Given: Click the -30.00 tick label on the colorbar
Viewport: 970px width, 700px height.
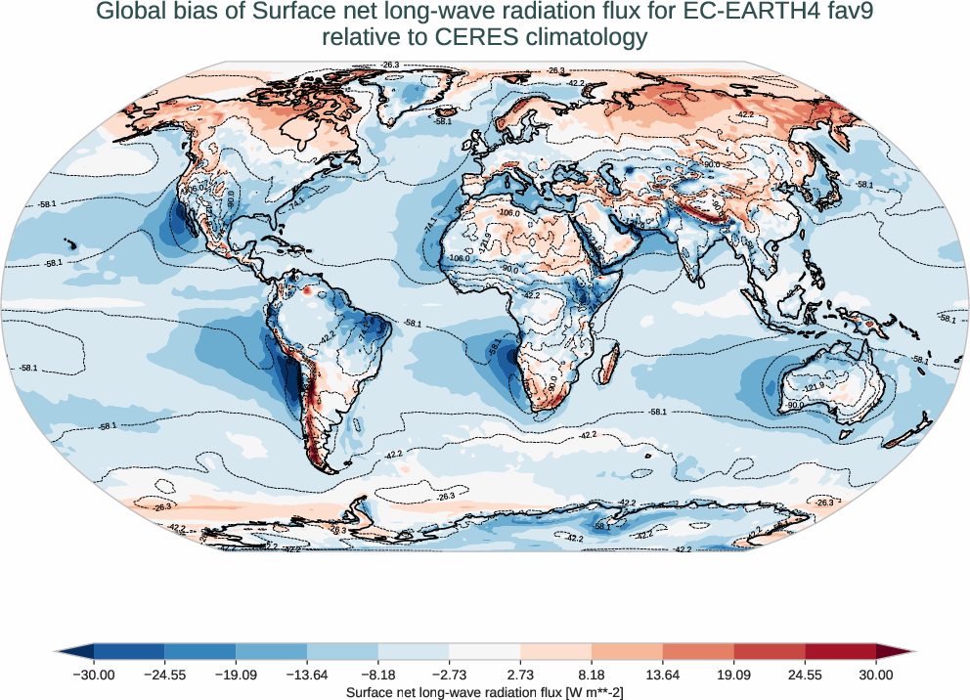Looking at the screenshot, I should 94,675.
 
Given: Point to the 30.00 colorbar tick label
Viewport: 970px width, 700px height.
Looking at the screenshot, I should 876,675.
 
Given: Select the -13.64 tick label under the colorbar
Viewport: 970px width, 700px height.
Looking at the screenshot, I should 307,675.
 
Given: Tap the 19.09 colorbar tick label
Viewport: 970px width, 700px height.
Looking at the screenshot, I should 733,675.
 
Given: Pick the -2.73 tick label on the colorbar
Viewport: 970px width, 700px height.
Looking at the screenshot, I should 449,675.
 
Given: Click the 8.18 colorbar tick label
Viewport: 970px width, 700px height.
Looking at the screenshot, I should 592,675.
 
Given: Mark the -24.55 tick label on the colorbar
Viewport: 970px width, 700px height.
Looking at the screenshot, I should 164,675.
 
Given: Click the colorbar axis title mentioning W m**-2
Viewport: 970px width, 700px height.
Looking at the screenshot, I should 485,691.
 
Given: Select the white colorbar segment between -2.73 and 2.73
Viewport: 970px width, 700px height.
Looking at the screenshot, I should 485,651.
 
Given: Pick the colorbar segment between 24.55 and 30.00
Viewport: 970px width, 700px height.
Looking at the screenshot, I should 840,651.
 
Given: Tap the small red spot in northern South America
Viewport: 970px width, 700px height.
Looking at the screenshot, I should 306,290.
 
